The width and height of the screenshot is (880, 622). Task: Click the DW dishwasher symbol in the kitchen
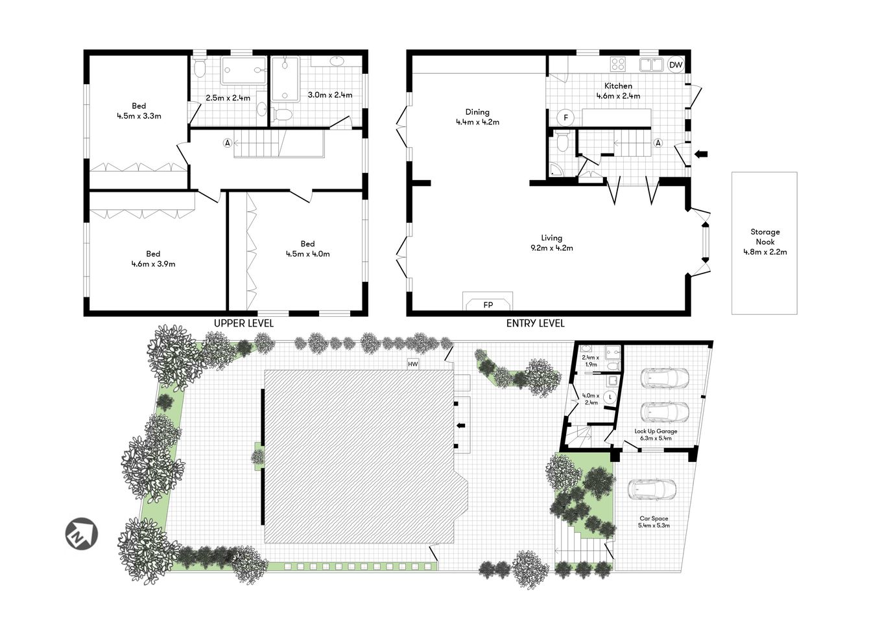click(676, 65)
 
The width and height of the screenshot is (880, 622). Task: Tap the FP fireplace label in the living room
click(488, 304)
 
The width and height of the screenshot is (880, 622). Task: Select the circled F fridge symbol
click(565, 117)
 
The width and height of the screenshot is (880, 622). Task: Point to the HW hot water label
click(413, 364)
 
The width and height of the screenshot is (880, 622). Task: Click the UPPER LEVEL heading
click(244, 323)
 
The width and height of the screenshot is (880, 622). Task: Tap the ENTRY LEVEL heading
click(535, 323)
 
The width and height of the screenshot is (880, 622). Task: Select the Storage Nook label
click(765, 242)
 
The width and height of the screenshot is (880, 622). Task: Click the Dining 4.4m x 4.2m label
click(477, 117)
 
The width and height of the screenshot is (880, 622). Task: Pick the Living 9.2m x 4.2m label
click(551, 242)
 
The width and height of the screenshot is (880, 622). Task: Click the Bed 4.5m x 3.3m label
click(139, 111)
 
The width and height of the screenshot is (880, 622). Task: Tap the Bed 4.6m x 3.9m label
click(153, 259)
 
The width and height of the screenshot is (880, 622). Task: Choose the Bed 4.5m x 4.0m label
click(307, 249)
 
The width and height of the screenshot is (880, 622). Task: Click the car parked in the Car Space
click(652, 489)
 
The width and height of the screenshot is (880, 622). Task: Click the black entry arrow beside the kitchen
click(702, 154)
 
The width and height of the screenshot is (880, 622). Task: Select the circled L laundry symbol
click(610, 397)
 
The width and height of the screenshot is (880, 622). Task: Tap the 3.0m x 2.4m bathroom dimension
click(329, 95)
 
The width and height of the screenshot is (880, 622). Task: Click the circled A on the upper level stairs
click(228, 143)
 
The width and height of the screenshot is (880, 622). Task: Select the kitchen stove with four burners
click(618, 64)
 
